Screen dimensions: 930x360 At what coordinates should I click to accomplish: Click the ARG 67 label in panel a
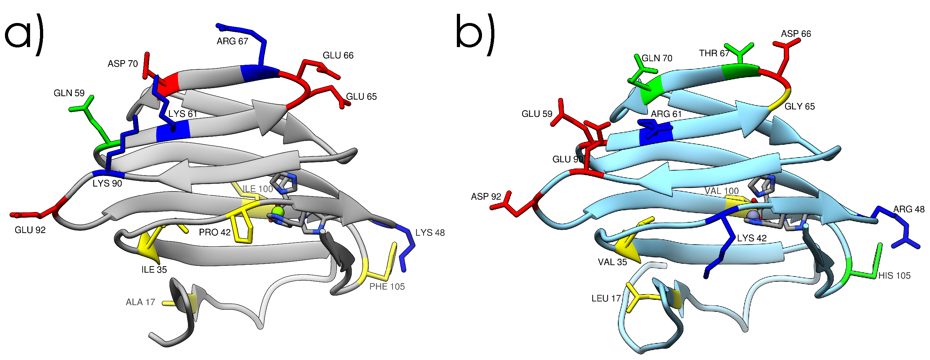pyautogui.click(x=232, y=41)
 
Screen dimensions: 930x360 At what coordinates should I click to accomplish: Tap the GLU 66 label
pyautogui.click(x=338, y=56)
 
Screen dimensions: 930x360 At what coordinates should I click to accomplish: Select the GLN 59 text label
pyautogui.click(x=69, y=93)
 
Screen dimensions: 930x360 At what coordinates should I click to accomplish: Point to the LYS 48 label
pyautogui.click(x=430, y=233)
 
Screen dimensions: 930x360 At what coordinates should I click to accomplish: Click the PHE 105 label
pyautogui.click(x=387, y=287)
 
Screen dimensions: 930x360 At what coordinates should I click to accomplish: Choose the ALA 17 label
pyautogui.click(x=140, y=302)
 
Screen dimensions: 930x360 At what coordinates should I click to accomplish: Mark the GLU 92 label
pyautogui.click(x=30, y=230)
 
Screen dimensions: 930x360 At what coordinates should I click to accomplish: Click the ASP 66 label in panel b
pyautogui.click(x=796, y=34)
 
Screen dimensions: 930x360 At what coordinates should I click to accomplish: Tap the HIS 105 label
pyautogui.click(x=894, y=276)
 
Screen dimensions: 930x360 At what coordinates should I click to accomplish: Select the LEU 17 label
pyautogui.click(x=606, y=299)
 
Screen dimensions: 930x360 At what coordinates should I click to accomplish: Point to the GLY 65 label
pyautogui.click(x=799, y=107)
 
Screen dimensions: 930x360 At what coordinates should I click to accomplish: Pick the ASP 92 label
pyautogui.click(x=486, y=197)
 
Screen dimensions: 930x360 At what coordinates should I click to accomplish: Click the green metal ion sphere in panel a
pyautogui.click(x=278, y=211)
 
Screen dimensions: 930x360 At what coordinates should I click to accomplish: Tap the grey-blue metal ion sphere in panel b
pyautogui.click(x=752, y=215)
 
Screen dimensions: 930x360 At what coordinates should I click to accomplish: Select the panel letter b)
pyautogui.click(x=475, y=34)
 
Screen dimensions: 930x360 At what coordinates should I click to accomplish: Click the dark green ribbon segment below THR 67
pyautogui.click(x=740, y=71)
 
